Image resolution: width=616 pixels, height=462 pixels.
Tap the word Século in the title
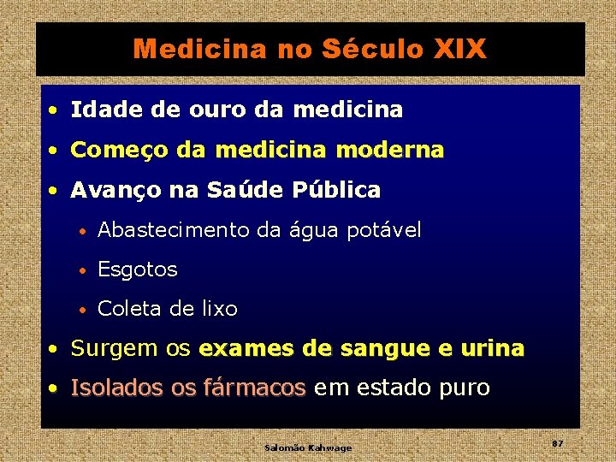[374, 50]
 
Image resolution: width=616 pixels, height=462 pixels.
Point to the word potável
[384, 230]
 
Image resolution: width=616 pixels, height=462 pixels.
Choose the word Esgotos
[138, 270]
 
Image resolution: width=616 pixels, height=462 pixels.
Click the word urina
[492, 349]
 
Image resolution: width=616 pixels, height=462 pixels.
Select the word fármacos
[254, 388]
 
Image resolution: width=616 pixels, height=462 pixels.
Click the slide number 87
[557, 443]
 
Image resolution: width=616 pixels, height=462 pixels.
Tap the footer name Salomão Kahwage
[308, 447]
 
